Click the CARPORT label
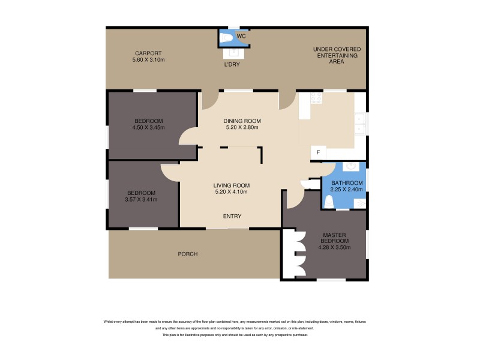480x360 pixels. tap(148, 53)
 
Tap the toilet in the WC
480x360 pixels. tap(226, 38)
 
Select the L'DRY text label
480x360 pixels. tap(232, 64)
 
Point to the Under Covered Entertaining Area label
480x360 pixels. tap(335, 55)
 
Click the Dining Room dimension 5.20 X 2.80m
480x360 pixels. tap(242, 127)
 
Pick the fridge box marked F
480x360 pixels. tap(318, 153)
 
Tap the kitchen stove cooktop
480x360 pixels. tap(316, 97)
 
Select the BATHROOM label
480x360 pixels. tap(347, 183)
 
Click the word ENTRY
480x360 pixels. tap(232, 216)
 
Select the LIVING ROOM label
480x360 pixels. tap(232, 185)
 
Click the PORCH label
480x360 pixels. tap(187, 254)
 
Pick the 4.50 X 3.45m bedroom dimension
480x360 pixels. tap(148, 127)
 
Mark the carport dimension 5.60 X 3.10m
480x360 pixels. tap(148, 60)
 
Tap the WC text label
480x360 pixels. tap(241, 37)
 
